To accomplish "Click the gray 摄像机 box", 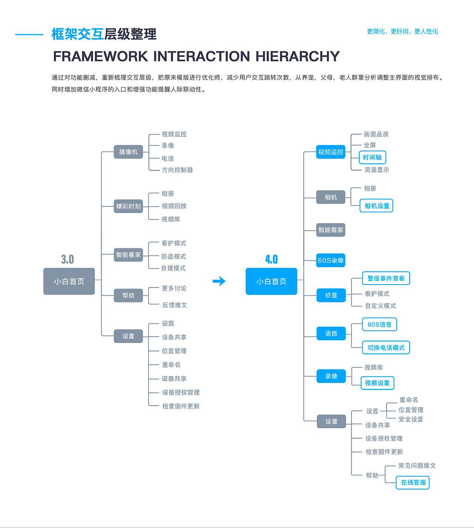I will (128, 152).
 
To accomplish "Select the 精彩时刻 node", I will (128, 206).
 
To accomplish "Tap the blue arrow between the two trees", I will (219, 281).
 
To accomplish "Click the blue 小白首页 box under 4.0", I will (271, 281).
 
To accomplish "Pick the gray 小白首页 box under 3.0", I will (69, 281).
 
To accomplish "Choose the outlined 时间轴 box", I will (372, 157).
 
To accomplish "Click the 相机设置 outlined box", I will (377, 206).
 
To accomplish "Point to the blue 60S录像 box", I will (331, 260).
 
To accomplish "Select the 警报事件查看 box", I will (386, 278).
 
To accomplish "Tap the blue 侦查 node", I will (331, 295).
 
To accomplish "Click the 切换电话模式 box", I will (386, 347).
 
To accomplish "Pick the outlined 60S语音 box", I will (380, 324).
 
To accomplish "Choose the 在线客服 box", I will (413, 482).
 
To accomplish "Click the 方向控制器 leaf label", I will (177, 170).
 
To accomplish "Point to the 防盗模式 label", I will (174, 256).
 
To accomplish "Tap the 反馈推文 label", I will (174, 305).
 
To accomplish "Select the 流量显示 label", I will (377, 169).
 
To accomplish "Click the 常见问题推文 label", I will (417, 465).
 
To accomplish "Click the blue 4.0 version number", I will (271, 259).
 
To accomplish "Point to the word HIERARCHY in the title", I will (297, 56).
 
